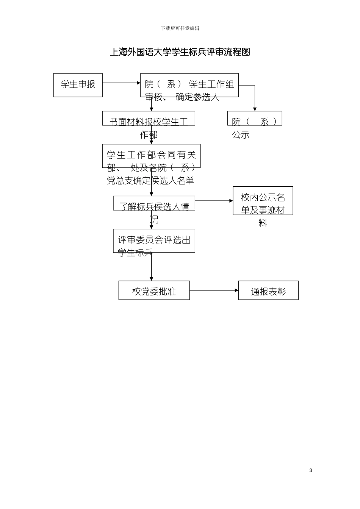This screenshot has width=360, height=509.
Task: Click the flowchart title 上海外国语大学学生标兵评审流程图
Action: (180, 52)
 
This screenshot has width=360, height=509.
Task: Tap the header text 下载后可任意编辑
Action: (180, 28)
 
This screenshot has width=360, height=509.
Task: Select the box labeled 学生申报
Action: (78, 85)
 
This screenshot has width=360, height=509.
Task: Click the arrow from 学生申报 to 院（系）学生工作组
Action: (121, 83)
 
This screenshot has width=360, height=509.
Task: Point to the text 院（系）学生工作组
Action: (189, 84)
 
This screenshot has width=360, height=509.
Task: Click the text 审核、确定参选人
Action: (182, 97)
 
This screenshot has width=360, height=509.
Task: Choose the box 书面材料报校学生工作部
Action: (149, 119)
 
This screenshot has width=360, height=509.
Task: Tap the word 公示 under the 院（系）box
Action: (241, 135)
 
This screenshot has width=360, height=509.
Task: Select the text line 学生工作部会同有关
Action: (151, 155)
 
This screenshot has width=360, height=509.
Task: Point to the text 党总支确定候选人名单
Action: (150, 181)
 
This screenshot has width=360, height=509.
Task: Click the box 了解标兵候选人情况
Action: (154, 203)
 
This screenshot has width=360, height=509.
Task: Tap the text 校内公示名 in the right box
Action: (263, 197)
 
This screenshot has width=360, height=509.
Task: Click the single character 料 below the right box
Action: (263, 223)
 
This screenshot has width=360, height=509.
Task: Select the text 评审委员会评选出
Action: (154, 240)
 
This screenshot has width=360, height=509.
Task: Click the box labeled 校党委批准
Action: (154, 290)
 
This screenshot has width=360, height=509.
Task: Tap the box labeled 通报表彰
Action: (268, 290)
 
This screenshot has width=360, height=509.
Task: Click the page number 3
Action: (311, 470)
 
